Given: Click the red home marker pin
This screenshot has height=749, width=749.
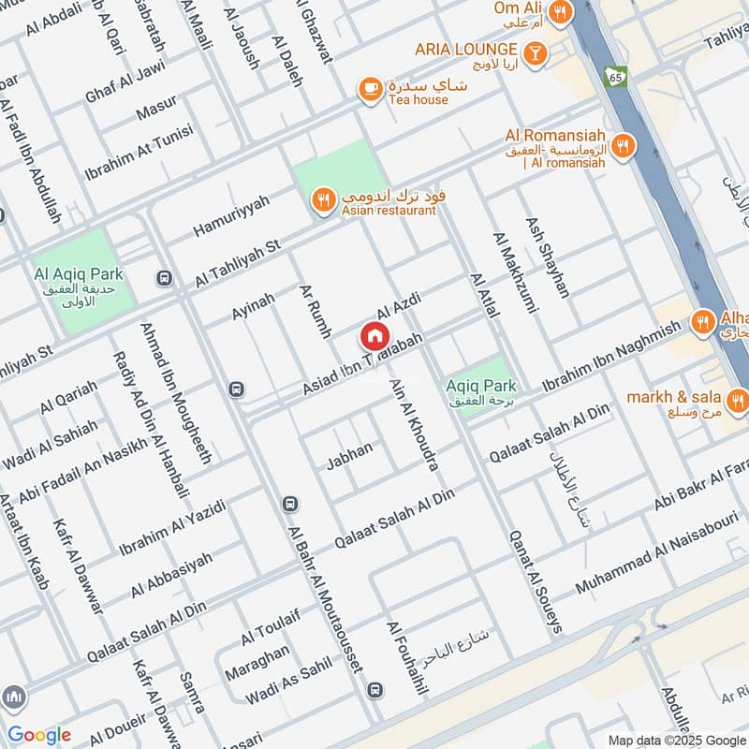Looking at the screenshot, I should (x=374, y=336).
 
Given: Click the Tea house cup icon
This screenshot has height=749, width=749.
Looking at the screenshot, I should (x=371, y=89).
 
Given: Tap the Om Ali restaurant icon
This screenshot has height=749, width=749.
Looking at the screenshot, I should (x=560, y=11).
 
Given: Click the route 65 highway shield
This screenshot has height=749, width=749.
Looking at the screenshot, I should (x=615, y=75).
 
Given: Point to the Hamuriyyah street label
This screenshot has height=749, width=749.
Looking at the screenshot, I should (x=230, y=215).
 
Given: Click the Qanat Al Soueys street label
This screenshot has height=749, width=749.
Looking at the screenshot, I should (x=535, y=580).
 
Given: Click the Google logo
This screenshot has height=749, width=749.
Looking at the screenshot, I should (x=38, y=735).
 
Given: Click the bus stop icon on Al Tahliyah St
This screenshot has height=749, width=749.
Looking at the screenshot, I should (x=165, y=278).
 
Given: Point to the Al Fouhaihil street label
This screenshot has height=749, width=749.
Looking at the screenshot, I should (x=406, y=659).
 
